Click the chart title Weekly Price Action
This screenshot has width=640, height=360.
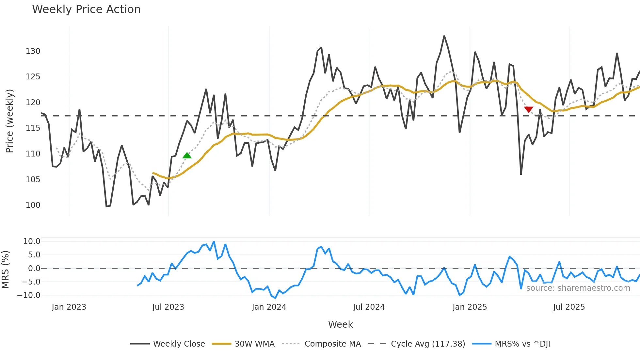pyautogui.click(x=86, y=9)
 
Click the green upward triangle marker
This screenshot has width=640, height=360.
pyautogui.click(x=187, y=155)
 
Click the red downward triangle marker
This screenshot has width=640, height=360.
pyautogui.click(x=528, y=109)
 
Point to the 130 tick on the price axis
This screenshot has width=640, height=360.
pyautogui.click(x=33, y=51)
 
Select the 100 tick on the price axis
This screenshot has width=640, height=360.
pyautogui.click(x=33, y=205)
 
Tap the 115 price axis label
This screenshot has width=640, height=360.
pyautogui.click(x=33, y=128)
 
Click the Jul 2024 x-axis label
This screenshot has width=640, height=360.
pyautogui.click(x=369, y=307)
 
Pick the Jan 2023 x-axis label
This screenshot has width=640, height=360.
pyautogui.click(x=69, y=307)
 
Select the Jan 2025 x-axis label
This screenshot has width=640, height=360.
pyautogui.click(x=470, y=307)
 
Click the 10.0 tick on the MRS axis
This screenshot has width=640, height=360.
pyautogui.click(x=32, y=241)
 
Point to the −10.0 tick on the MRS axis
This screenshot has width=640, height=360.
pyautogui.click(x=29, y=295)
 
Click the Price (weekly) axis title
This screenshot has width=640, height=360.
pyautogui.click(x=9, y=121)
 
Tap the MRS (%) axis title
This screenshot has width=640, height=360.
pyautogui.click(x=5, y=270)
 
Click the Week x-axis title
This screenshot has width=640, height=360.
pyautogui.click(x=340, y=324)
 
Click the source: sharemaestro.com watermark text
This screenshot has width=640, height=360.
pyautogui.click(x=578, y=288)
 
